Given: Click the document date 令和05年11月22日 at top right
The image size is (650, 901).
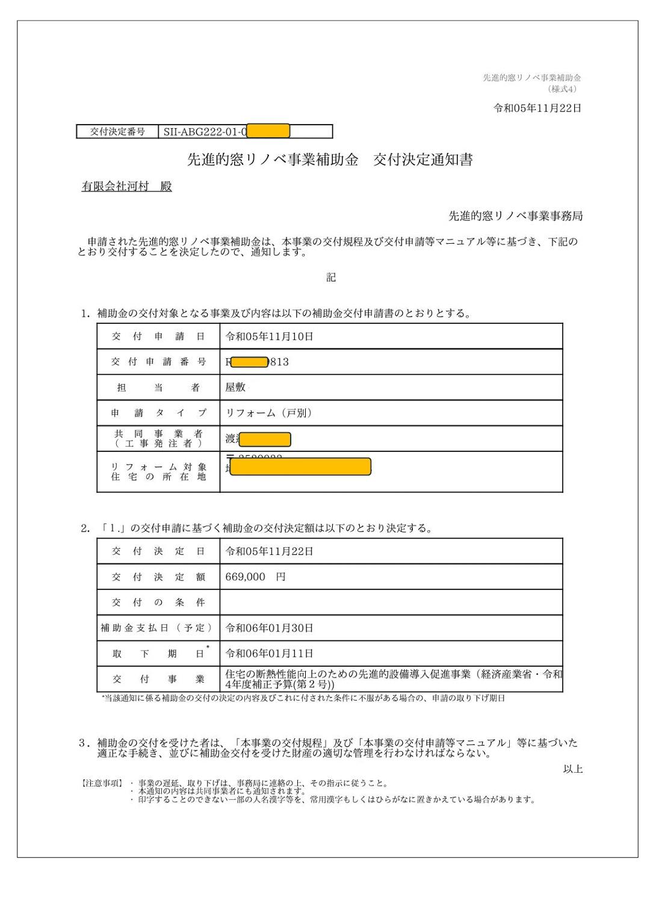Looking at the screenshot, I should [x=537, y=108].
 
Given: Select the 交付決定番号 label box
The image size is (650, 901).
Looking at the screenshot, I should [x=117, y=131].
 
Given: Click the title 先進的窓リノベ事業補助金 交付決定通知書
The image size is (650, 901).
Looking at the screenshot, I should [x=330, y=160].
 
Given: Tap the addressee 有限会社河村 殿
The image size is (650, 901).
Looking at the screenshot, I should [x=127, y=187].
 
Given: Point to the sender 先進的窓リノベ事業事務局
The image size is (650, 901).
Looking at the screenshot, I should [x=515, y=216].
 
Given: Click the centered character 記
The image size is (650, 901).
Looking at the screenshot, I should [x=331, y=277].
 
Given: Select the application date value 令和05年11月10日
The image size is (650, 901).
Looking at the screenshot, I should [x=269, y=336].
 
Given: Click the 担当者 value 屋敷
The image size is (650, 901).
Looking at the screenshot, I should [x=235, y=387].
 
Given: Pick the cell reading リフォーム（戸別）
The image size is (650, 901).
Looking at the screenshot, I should [x=268, y=413].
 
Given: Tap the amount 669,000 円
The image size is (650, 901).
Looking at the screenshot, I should [x=255, y=577].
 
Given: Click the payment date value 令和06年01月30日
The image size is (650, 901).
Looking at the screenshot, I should [x=269, y=628].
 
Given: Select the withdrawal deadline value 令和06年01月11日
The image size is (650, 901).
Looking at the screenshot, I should [x=269, y=653].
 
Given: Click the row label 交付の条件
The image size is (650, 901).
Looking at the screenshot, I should [x=158, y=602].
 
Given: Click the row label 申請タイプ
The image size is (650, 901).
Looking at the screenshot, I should [x=158, y=413].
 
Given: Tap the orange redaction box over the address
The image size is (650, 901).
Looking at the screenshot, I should [x=300, y=467].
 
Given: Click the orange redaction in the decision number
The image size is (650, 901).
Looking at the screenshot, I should [x=268, y=131].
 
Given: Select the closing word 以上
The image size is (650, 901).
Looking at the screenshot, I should [x=572, y=769].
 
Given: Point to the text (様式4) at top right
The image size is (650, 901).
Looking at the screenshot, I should [x=564, y=89].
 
